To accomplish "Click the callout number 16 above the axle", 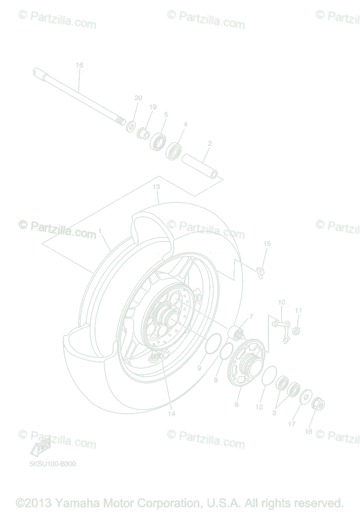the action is [x=79, y=65].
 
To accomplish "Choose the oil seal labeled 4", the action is [x=174, y=150].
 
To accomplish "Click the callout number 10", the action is [x=281, y=303].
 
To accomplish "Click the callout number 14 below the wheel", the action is [x=172, y=413].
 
